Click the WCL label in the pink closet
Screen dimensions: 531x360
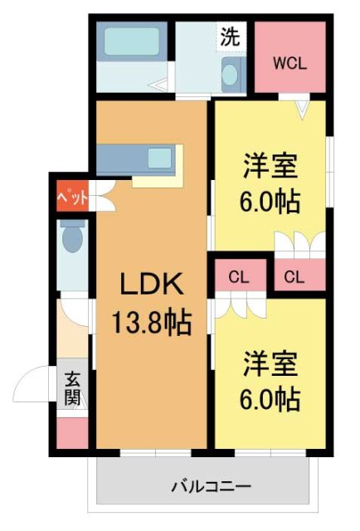pyautogui.click(x=291, y=63)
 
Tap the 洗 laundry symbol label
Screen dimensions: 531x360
pyautogui.click(x=229, y=36)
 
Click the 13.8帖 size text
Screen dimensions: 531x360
pyautogui.click(x=150, y=321)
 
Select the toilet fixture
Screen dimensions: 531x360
pyautogui.click(x=71, y=236)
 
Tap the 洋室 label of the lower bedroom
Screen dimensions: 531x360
pyautogui.click(x=270, y=363)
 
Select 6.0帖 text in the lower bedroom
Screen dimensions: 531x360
pyautogui.click(x=270, y=400)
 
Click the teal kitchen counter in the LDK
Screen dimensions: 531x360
pyautogui.click(x=138, y=158)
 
